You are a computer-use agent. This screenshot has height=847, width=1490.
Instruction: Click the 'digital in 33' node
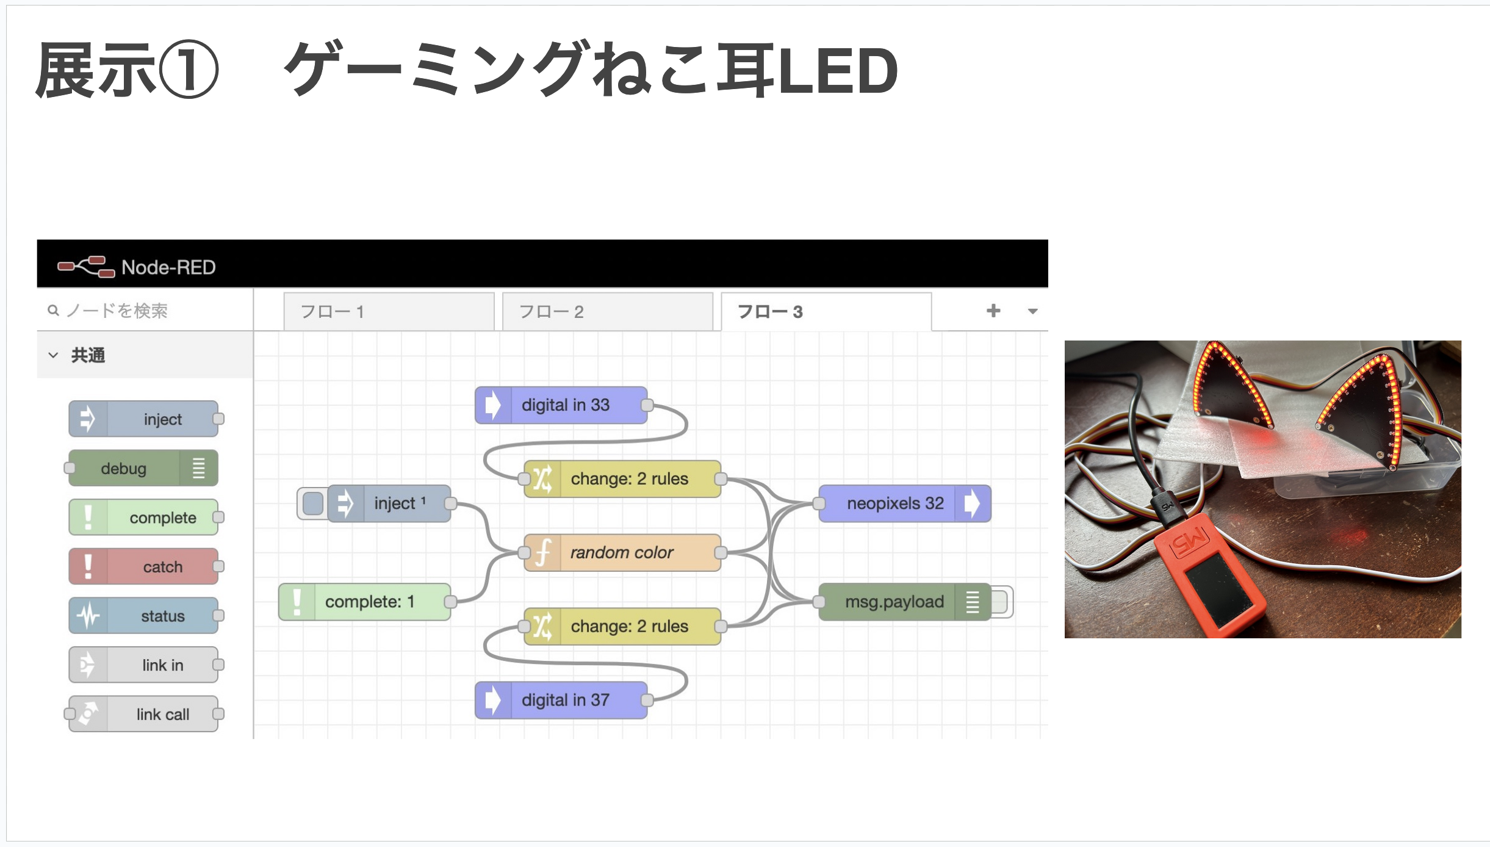(x=564, y=405)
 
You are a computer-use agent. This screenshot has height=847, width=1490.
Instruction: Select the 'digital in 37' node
(x=564, y=700)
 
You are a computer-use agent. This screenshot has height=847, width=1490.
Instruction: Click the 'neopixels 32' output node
(x=894, y=503)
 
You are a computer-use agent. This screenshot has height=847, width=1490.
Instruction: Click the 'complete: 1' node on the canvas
(x=369, y=602)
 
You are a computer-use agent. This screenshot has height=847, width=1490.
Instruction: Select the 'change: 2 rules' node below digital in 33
(x=628, y=479)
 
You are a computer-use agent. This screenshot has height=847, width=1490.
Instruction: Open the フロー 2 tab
(x=606, y=312)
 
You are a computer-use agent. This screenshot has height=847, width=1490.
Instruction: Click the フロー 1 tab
(x=388, y=312)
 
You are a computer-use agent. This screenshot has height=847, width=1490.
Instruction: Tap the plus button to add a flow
(x=993, y=311)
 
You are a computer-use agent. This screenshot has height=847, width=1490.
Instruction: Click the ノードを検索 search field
(x=146, y=311)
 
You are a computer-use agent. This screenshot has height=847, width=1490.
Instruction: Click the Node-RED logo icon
(x=86, y=267)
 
